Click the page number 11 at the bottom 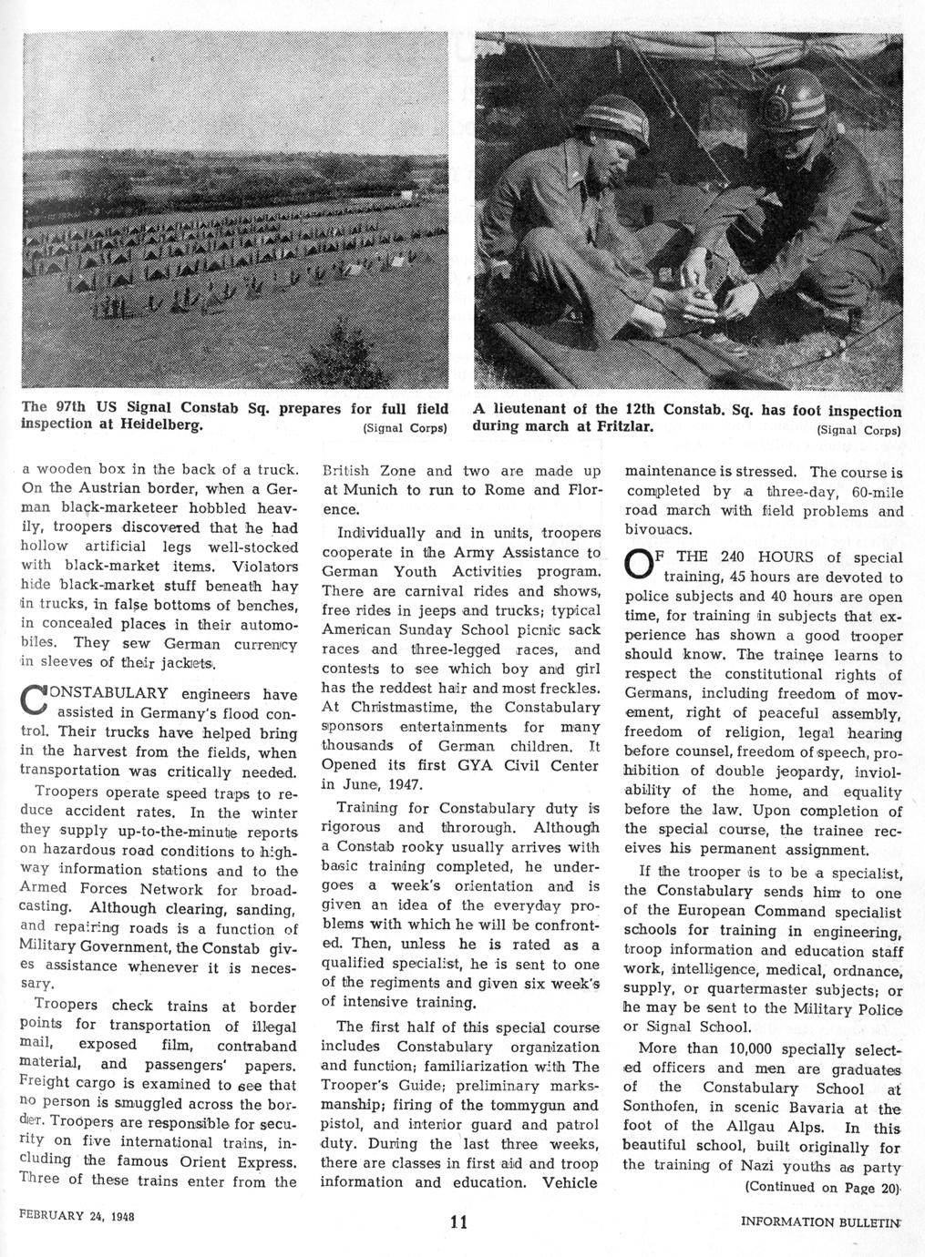pyautogui.click(x=457, y=1222)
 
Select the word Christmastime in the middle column pyautogui.click(x=382, y=708)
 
